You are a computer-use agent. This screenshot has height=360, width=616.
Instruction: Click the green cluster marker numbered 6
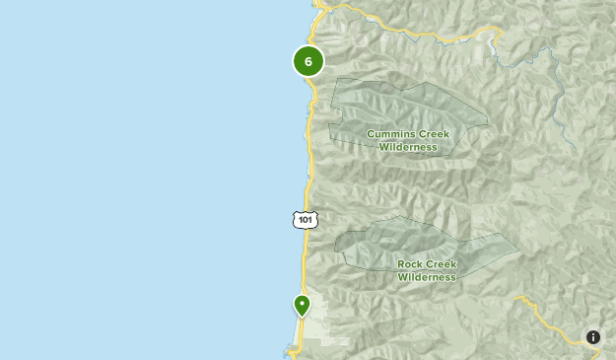pyautogui.click(x=308, y=61)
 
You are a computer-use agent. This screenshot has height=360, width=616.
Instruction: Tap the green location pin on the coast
pyautogui.click(x=302, y=305)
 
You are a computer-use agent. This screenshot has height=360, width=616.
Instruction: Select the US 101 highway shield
pyautogui.click(x=306, y=219)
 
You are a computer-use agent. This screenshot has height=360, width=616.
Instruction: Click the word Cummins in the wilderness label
pyautogui.click(x=390, y=133)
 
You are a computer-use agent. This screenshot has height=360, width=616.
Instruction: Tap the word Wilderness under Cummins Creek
pyautogui.click(x=407, y=147)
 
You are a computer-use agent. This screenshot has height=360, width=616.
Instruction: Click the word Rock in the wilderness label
pyautogui.click(x=411, y=263)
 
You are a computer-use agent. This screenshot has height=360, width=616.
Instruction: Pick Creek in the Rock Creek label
pyautogui.click(x=443, y=263)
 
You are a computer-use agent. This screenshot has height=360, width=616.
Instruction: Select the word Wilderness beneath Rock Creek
pyautogui.click(x=427, y=277)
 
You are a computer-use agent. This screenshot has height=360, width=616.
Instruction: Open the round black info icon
pyautogui.click(x=593, y=337)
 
